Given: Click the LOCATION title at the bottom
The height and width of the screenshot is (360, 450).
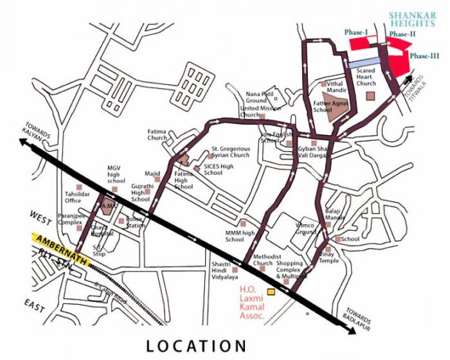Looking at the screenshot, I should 195,345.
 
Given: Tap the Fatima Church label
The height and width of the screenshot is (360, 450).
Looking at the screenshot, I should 157,134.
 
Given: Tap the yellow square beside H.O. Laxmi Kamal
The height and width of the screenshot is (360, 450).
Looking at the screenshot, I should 271,292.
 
